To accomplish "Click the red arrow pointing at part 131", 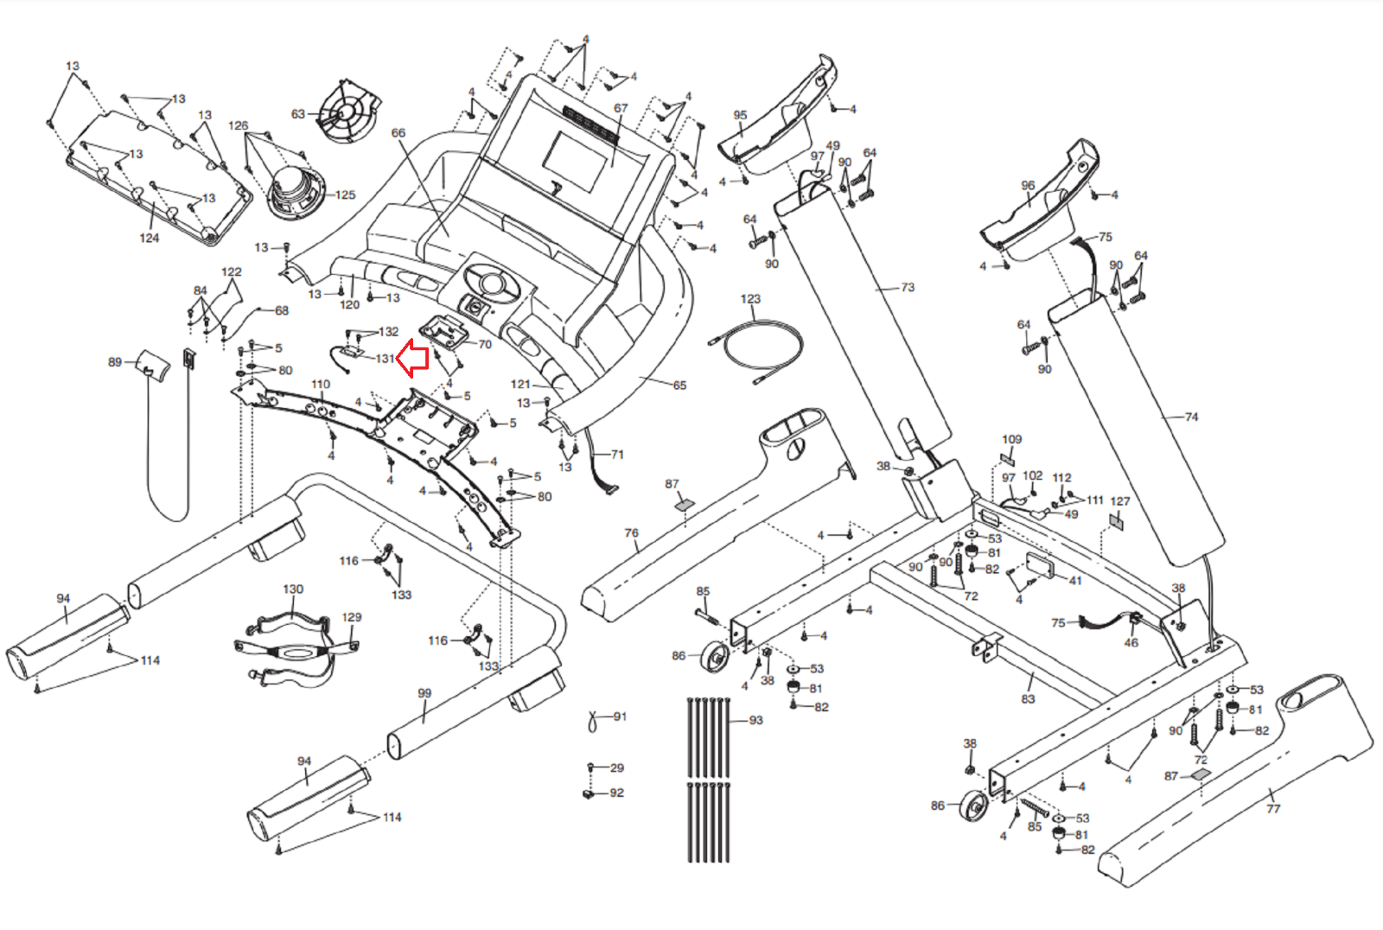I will [413, 359].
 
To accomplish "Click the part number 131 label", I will [386, 359].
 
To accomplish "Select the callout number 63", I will [298, 114].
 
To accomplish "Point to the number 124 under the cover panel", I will [150, 238].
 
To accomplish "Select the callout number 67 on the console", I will [621, 109].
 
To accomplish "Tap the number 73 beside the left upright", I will [907, 287].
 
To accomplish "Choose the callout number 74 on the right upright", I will [1191, 417].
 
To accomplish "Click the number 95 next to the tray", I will [740, 115].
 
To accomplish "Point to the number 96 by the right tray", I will [1028, 186].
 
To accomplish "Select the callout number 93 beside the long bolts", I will [755, 720].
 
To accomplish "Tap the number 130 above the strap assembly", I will [293, 589].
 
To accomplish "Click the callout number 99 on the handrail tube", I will [424, 693].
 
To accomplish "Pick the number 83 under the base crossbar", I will [1028, 698].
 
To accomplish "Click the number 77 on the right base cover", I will [1273, 808].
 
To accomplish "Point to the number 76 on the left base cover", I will [631, 533].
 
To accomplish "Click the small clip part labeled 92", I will [590, 793].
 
